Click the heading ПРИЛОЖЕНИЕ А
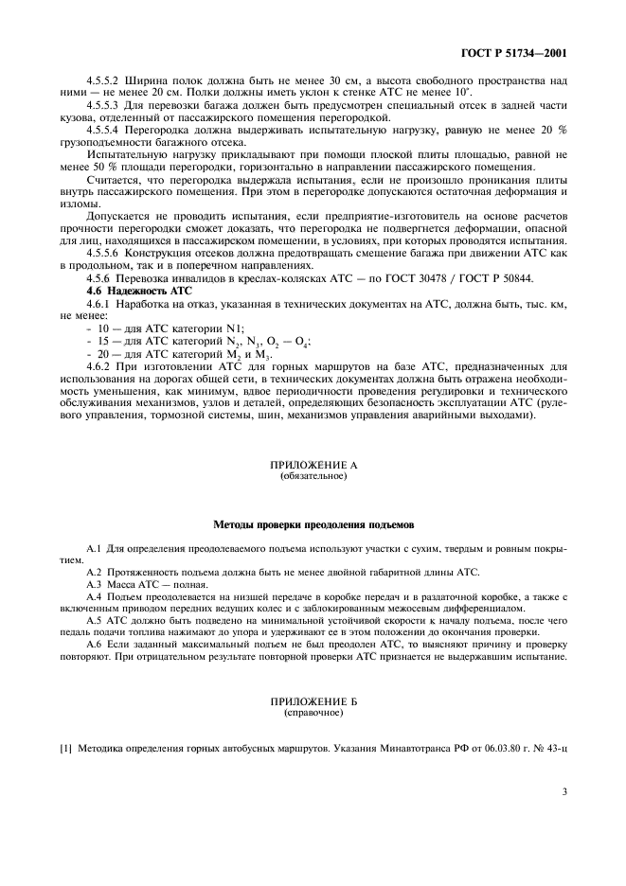[313, 467]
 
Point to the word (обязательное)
[313, 476]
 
